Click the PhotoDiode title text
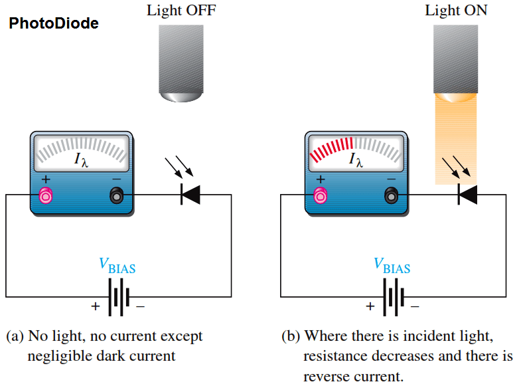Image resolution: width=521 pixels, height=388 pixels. click(x=54, y=24)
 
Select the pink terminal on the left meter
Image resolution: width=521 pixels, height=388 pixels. click(x=46, y=195)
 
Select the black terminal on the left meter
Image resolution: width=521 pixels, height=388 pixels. click(x=116, y=195)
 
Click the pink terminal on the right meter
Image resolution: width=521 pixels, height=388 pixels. click(x=321, y=195)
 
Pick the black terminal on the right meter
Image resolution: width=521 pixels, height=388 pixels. click(x=391, y=195)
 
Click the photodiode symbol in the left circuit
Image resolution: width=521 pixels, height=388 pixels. click(x=190, y=195)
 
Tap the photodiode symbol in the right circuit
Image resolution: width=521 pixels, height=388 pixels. click(x=467, y=195)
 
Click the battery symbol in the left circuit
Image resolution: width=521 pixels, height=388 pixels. click(x=118, y=296)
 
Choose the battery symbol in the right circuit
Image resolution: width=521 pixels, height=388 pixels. click(x=393, y=296)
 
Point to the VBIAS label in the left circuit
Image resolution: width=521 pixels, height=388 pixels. click(x=117, y=266)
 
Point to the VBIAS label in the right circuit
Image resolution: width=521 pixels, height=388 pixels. click(x=392, y=266)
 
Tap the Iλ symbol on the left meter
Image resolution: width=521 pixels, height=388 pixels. click(x=81, y=160)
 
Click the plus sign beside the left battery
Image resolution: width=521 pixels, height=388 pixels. click(x=96, y=306)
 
